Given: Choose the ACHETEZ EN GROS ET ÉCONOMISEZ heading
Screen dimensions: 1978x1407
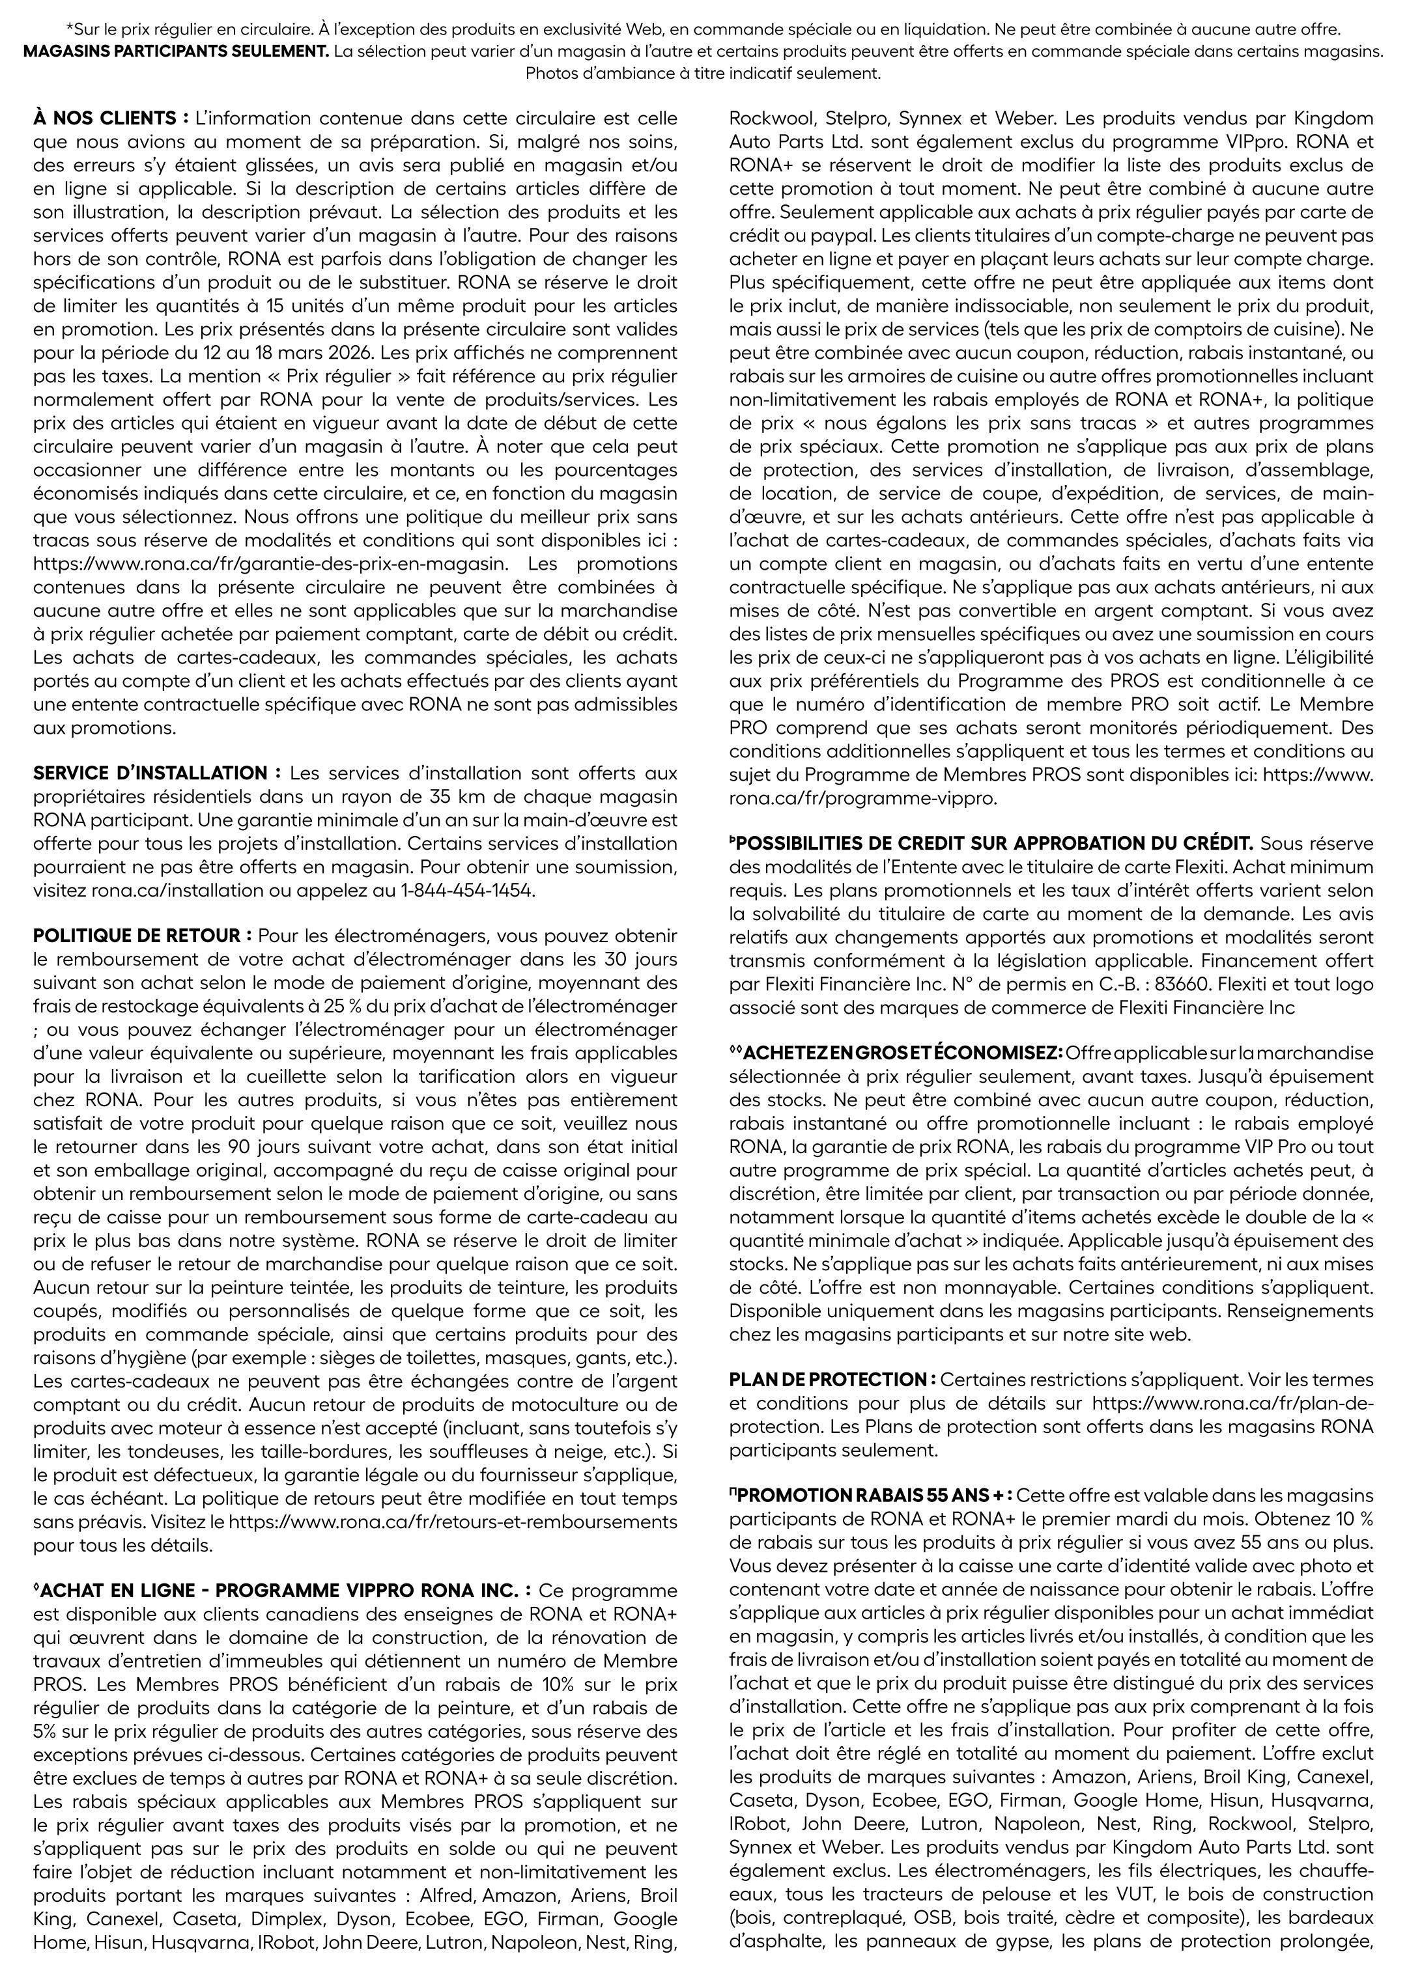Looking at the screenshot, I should tap(898, 1053).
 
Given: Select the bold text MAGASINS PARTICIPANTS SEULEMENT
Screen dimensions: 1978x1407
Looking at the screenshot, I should tap(176, 51).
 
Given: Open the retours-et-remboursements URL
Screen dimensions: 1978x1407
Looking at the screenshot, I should tap(454, 1522).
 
